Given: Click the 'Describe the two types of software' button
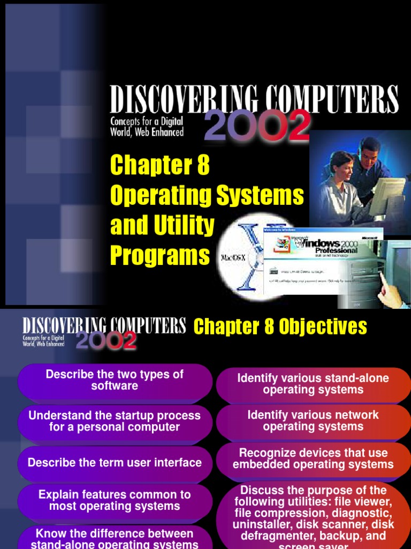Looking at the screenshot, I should click(115, 380).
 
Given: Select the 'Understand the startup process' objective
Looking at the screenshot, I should click(115, 421).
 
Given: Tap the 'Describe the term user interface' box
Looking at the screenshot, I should click(115, 463).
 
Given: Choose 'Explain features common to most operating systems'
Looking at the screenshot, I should click(115, 501).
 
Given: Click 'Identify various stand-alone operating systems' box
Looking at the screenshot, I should click(313, 384).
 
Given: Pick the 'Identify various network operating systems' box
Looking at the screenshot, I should click(313, 421).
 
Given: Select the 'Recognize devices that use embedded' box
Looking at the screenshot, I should click(313, 459).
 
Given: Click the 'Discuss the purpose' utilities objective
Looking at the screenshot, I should click(313, 515).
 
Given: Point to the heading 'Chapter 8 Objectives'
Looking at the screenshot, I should click(280, 326).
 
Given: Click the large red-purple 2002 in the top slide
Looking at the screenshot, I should click(257, 127).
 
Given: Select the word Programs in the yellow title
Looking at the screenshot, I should click(160, 255).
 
